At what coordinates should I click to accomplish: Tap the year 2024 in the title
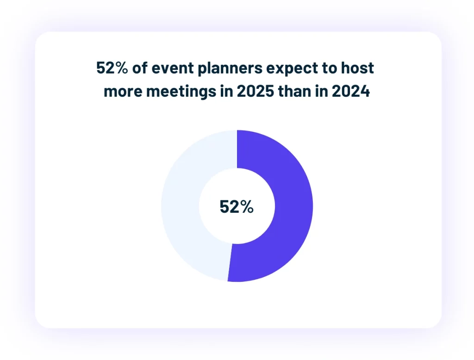click(x=352, y=91)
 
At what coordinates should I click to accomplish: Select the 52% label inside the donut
click(x=237, y=207)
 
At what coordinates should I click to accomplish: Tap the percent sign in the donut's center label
click(x=247, y=207)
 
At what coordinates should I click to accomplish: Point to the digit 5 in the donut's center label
click(x=225, y=207)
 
